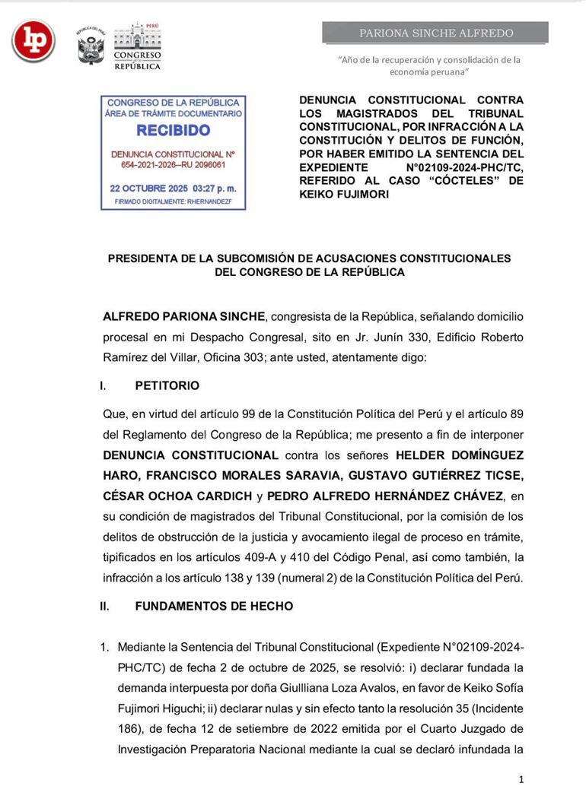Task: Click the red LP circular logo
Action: [x=33, y=40]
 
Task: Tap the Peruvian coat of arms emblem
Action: [x=91, y=47]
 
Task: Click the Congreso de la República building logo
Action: [x=137, y=46]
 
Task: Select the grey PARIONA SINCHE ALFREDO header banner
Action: [x=435, y=33]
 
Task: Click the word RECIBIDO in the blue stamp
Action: [x=174, y=131]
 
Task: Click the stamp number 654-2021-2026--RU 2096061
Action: [x=174, y=164]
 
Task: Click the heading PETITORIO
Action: [x=167, y=385]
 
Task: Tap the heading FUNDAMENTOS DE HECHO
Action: [x=214, y=606]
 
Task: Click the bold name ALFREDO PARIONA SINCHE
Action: [x=184, y=316]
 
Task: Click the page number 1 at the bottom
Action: [x=521, y=779]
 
